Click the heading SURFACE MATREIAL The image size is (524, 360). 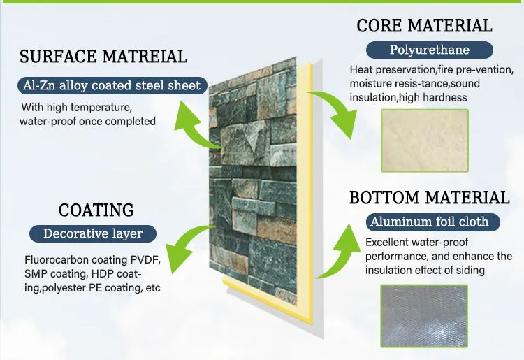click(103, 57)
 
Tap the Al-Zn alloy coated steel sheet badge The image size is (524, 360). click(111, 86)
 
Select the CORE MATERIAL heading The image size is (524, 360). click(424, 27)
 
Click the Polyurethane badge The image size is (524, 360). click(430, 50)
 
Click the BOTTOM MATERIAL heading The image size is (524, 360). click(429, 197)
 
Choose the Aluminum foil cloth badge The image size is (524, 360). click(429, 222)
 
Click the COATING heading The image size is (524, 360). click(96, 210)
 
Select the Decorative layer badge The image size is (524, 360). click(93, 233)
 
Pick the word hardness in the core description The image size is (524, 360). click(444, 97)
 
